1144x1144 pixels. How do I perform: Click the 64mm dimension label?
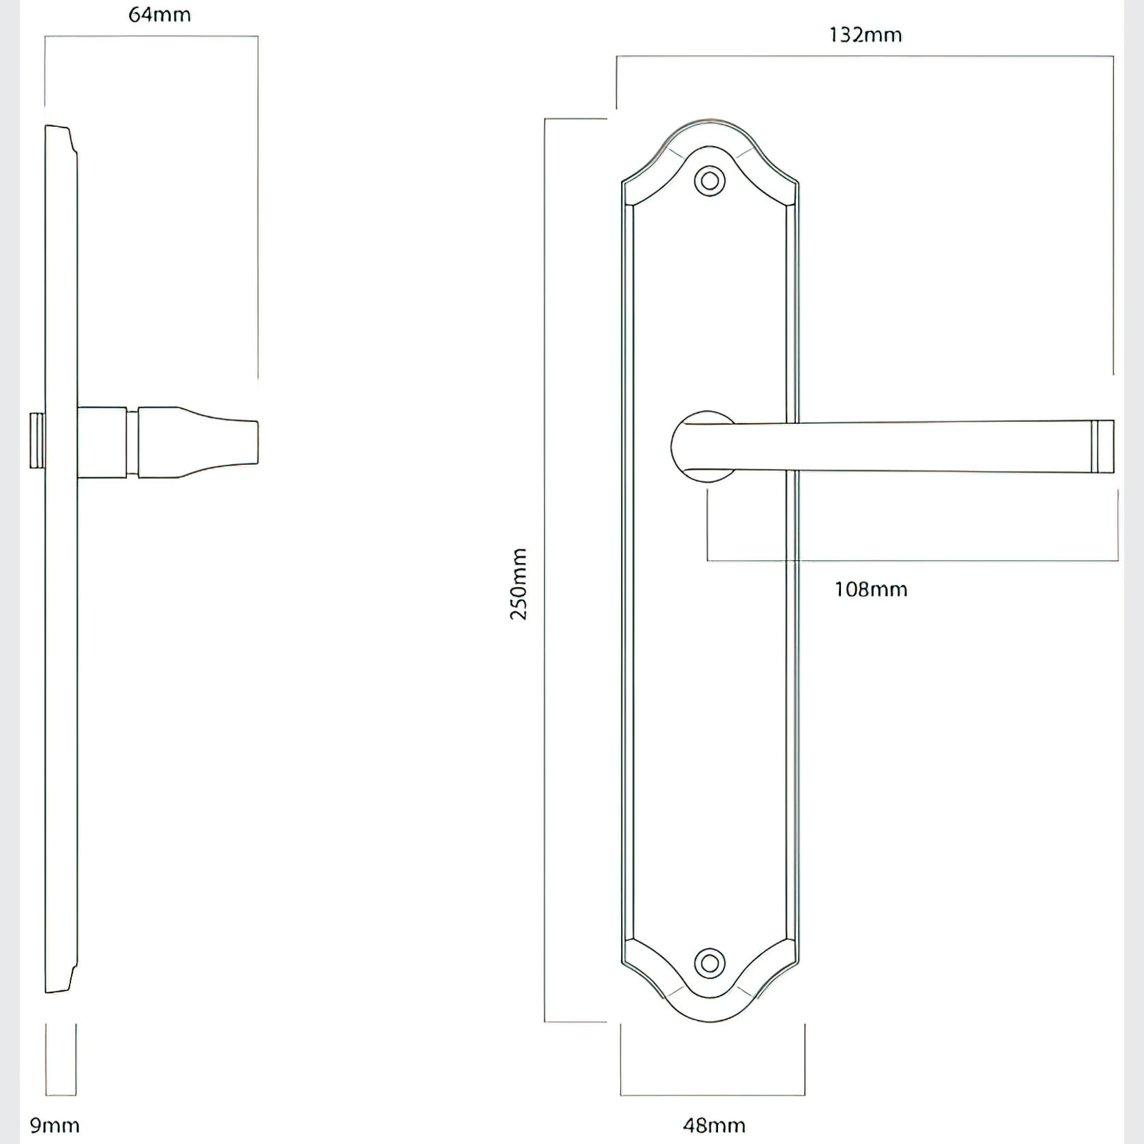pos(160,15)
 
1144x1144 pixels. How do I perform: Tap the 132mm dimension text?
pos(865,35)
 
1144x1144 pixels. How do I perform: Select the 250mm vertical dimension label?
pos(519,584)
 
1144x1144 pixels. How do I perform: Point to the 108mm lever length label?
pos(871,589)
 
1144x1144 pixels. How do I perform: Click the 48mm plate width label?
pos(714,1125)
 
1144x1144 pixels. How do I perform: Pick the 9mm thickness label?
pos(55,1125)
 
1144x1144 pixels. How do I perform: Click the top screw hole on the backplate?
pos(710,182)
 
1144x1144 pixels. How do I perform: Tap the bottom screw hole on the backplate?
pos(710,963)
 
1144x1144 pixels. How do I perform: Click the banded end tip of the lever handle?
pos(1102,446)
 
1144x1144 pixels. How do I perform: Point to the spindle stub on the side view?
pos(37,440)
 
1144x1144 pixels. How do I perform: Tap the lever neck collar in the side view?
pos(102,442)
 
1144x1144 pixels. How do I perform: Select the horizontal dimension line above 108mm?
pos(912,560)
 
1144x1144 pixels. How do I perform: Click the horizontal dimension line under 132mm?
pos(865,57)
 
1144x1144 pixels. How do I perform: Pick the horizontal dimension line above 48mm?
pos(713,1095)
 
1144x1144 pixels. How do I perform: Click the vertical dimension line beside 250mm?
pos(545,751)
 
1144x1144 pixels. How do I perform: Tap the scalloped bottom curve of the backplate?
pos(710,1020)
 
